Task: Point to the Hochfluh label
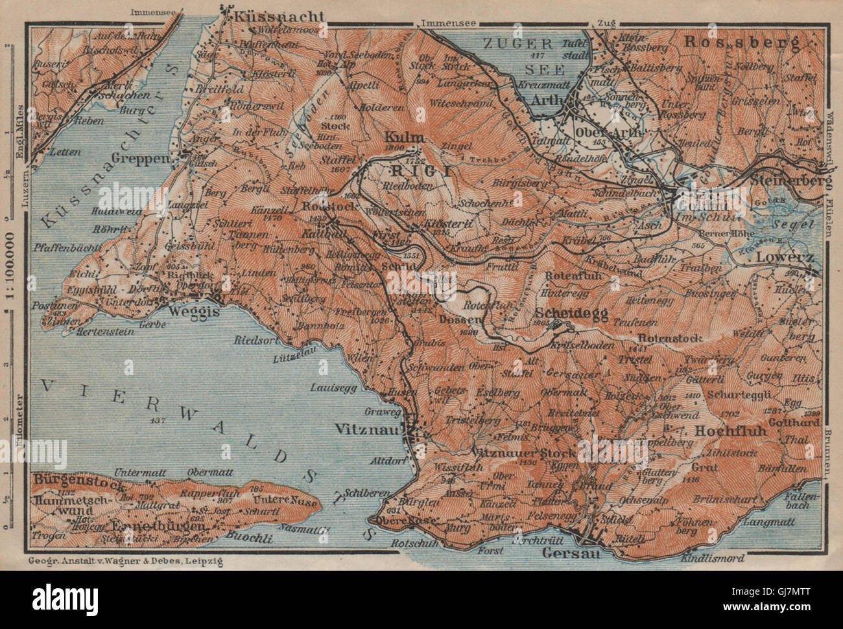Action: click(x=731, y=430)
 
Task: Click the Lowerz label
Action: click(x=789, y=257)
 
